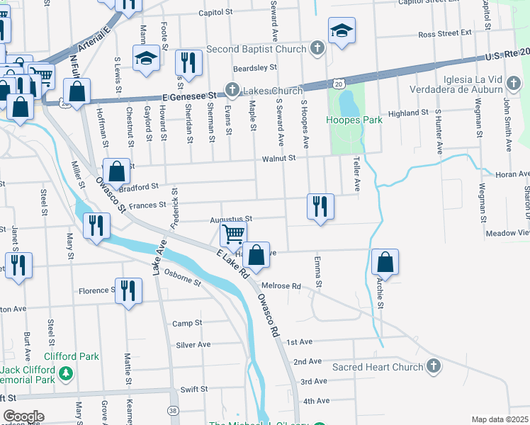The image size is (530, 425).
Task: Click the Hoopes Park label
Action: tap(354, 120)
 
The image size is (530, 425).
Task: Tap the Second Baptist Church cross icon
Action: tap(317, 49)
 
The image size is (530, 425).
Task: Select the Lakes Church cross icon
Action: tap(232, 90)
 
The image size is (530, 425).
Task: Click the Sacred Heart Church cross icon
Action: tap(434, 366)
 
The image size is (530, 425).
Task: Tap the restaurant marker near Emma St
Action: tap(320, 206)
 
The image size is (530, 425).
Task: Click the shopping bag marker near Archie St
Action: tap(385, 262)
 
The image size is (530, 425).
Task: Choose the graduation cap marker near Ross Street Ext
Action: tap(342, 30)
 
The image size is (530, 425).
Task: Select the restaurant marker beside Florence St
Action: tap(128, 290)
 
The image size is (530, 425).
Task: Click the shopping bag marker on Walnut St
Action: tap(117, 171)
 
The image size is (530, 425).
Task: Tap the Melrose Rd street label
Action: tap(281, 286)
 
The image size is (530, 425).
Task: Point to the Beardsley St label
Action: tap(254, 67)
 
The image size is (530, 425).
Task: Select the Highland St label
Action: tap(408, 113)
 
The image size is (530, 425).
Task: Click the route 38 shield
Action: tap(174, 410)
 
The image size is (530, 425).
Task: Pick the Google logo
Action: tap(23, 416)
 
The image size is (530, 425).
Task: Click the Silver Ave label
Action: tap(193, 344)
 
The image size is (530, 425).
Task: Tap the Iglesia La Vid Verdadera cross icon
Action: tap(514, 84)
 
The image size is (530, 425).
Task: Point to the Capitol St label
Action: tap(215, 13)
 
